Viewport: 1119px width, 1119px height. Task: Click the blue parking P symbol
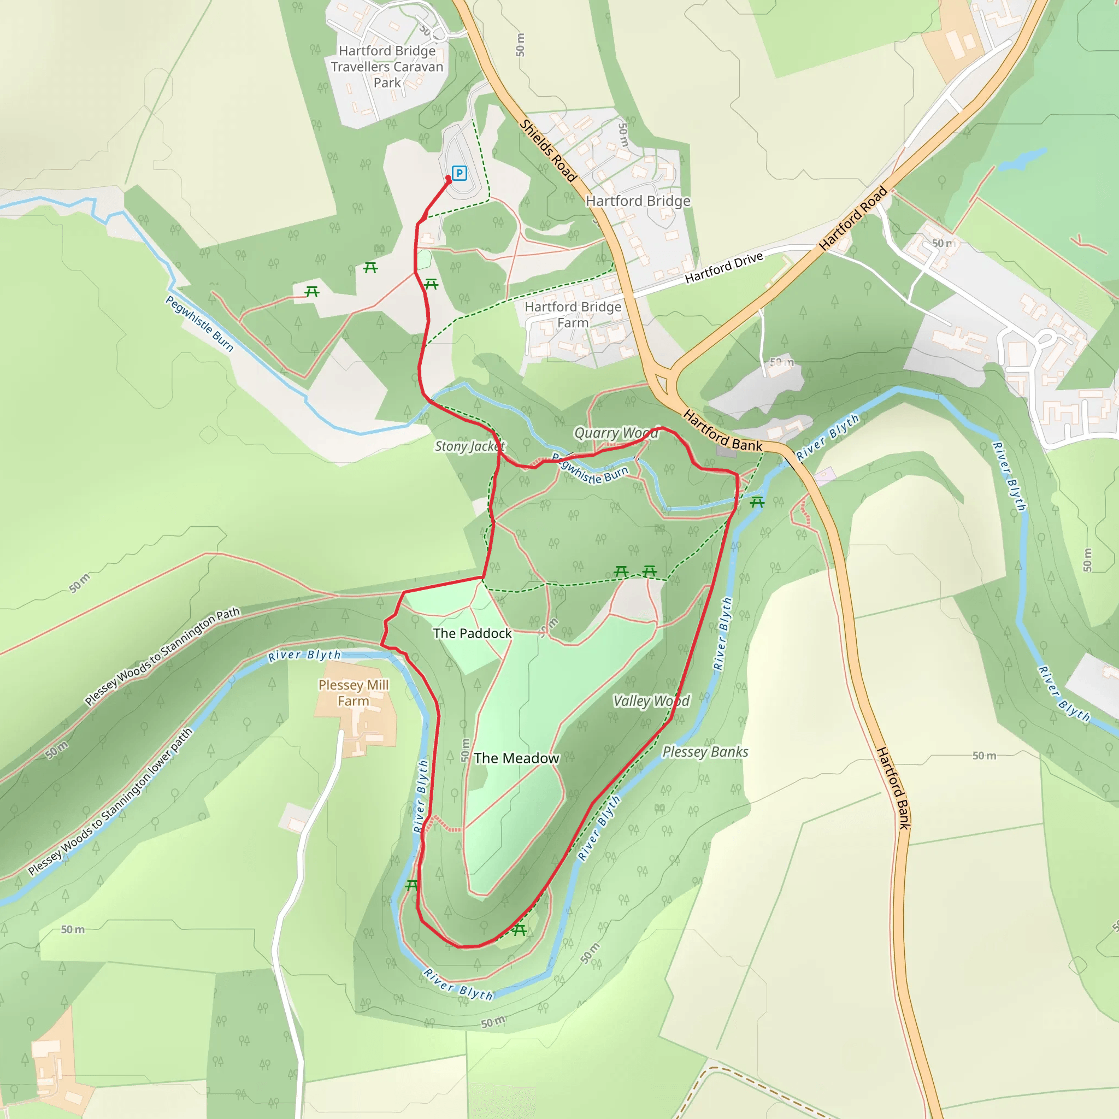pyautogui.click(x=460, y=173)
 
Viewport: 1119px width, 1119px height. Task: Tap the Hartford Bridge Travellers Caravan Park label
pyautogui.click(x=387, y=67)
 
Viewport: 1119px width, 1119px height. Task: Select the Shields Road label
pyautogui.click(x=547, y=151)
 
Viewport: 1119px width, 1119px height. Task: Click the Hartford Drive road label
pyautogui.click(x=723, y=269)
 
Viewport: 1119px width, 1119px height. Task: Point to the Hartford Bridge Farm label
pyautogui.click(x=573, y=315)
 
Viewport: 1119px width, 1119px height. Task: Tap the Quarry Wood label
pyautogui.click(x=616, y=433)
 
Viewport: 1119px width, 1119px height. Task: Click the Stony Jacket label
pyautogui.click(x=470, y=446)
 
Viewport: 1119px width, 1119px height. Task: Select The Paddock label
pyautogui.click(x=472, y=633)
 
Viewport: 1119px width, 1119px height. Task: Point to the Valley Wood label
pyautogui.click(x=651, y=701)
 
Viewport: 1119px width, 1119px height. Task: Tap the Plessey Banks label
pyautogui.click(x=705, y=752)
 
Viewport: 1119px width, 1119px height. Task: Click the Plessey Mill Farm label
pyautogui.click(x=354, y=693)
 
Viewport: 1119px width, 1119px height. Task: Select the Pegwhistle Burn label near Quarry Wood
pyautogui.click(x=590, y=470)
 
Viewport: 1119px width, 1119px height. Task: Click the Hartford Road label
pyautogui.click(x=852, y=219)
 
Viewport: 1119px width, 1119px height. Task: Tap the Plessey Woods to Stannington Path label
pyautogui.click(x=162, y=657)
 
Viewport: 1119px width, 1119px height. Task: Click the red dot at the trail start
pyautogui.click(x=448, y=179)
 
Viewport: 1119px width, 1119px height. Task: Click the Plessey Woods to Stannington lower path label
pyautogui.click(x=110, y=802)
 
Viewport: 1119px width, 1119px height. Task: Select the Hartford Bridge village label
pyautogui.click(x=638, y=201)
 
